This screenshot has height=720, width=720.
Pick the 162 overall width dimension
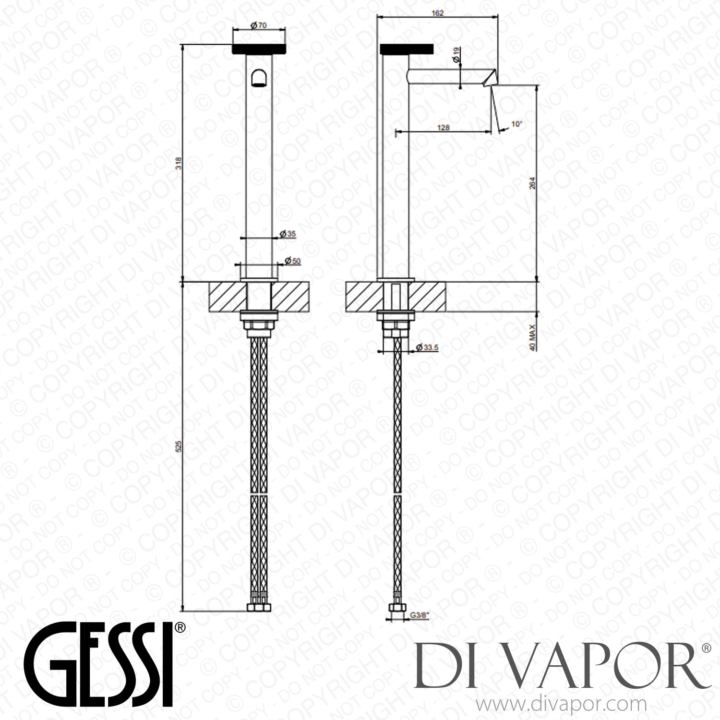pos(437,13)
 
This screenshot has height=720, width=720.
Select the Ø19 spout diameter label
pos(456,54)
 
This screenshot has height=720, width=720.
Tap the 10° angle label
pos(503,123)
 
